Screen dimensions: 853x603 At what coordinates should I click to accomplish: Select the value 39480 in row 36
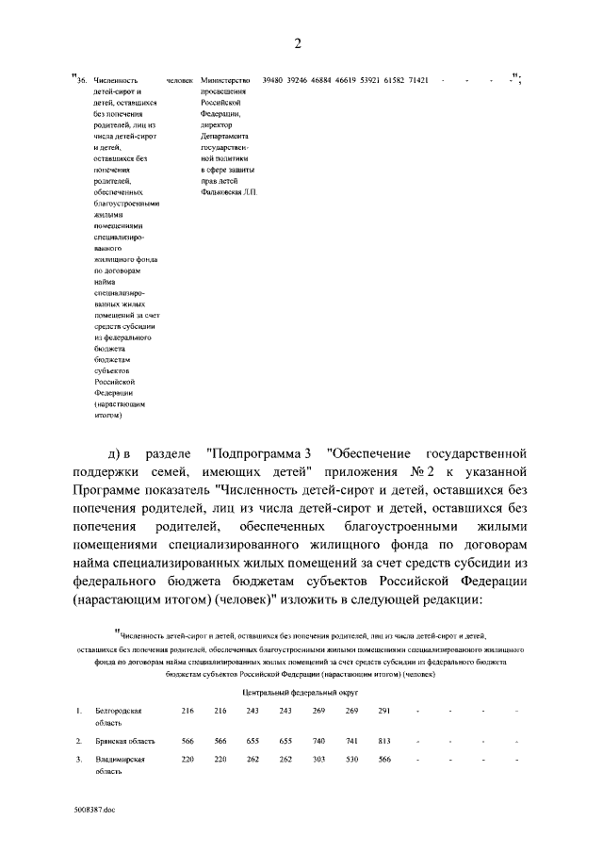pos(274,80)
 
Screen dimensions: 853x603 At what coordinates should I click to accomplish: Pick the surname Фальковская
pos(220,191)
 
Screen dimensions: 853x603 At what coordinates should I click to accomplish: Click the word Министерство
pos(224,80)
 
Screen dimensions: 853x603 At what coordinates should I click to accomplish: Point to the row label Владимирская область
pos(119,764)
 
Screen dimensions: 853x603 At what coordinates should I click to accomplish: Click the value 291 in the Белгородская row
pos(384,710)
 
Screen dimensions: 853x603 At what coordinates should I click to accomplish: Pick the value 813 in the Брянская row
pos(384,741)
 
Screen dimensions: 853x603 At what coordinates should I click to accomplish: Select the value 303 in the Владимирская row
pos(318,759)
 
